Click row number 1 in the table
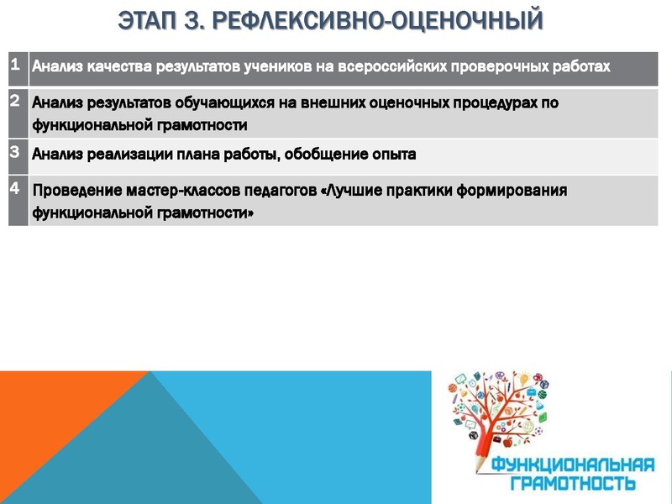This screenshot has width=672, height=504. pyautogui.click(x=15, y=64)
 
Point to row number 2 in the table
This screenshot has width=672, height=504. pyautogui.click(x=15, y=102)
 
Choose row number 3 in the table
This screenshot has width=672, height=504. pyautogui.click(x=15, y=152)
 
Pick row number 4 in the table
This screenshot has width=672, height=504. pyautogui.click(x=15, y=188)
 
